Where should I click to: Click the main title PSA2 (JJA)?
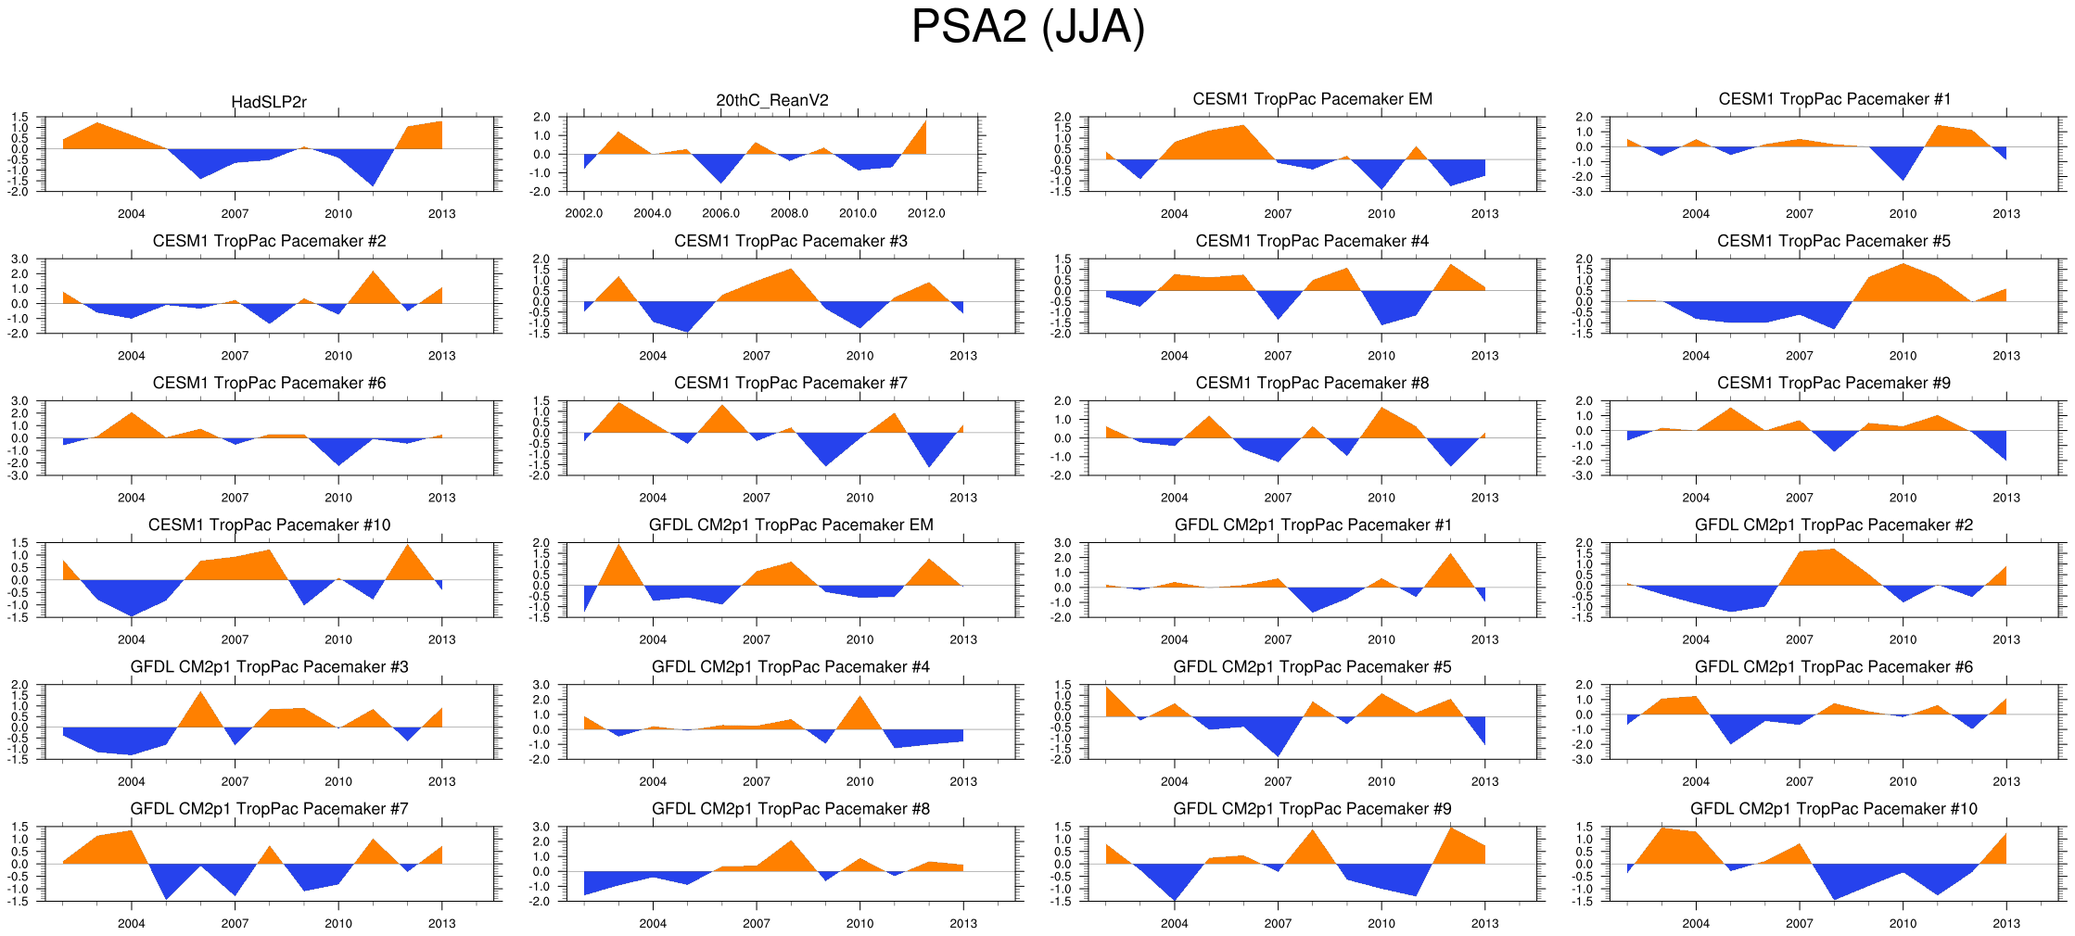1027,27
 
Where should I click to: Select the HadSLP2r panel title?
269,102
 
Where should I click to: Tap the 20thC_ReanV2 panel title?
772,100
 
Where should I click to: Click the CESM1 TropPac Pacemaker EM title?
1312,99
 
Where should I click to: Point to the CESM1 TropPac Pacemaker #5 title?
1833,241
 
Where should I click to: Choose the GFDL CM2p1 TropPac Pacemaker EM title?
791,525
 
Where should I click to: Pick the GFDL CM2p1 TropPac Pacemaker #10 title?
1833,808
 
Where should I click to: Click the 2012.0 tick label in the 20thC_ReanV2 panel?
926,213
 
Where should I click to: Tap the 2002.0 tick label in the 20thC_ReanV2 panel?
584,213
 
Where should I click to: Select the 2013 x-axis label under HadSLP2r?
441,213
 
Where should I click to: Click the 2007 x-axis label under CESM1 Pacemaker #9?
1799,498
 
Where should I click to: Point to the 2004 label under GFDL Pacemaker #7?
131,923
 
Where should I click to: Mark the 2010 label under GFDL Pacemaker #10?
1903,923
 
